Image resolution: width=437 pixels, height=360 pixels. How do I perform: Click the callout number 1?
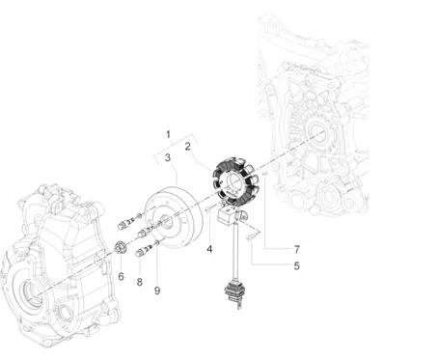coord(168,134)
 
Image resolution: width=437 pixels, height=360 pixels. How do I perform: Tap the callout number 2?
coord(188,147)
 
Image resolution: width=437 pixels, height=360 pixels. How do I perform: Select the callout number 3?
coord(168,157)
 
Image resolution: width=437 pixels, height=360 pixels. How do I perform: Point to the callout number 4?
coord(209,249)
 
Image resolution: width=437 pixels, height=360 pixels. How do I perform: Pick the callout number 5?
coord(296,266)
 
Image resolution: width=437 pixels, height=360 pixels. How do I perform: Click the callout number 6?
coord(121,276)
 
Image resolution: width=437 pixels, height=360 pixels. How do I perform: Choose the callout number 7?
coord(296,249)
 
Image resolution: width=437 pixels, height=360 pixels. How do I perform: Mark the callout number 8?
coord(139,282)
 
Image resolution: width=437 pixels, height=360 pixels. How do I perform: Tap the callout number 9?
coord(157,291)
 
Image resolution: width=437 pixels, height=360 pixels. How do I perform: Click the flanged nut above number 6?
coord(121,249)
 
